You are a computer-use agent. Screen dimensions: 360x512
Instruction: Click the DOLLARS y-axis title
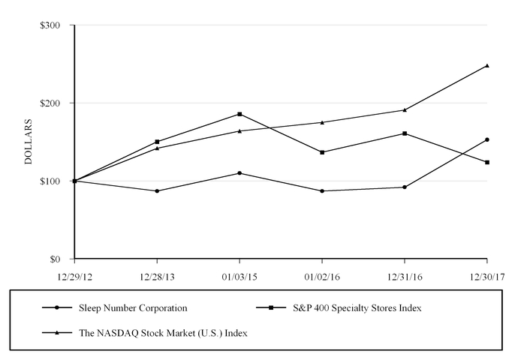coord(29,142)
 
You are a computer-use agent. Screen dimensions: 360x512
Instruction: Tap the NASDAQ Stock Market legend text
coord(163,333)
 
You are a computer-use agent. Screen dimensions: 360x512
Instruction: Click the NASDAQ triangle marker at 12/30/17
coord(487,65)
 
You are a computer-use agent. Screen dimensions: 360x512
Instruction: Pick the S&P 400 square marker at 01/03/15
coord(239,114)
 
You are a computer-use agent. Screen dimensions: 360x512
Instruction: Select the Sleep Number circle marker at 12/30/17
coord(487,139)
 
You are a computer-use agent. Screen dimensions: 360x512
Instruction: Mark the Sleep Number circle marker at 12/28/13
coord(157,191)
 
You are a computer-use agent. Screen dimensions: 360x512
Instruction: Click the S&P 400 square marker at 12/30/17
coord(487,162)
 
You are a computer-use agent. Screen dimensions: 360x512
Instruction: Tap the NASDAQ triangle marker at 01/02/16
coord(322,122)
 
